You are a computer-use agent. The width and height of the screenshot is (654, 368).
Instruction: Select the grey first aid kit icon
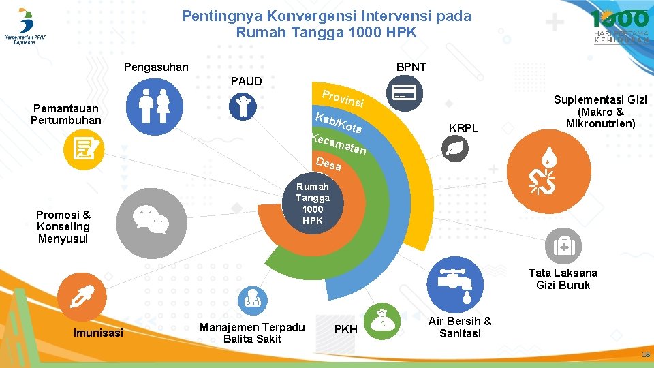[x=563, y=245]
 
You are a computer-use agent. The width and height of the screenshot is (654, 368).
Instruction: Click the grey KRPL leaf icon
[x=453, y=149]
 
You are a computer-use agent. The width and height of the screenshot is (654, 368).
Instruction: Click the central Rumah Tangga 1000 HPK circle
[x=313, y=204]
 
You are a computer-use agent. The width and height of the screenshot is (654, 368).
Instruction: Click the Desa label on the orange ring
[x=328, y=164]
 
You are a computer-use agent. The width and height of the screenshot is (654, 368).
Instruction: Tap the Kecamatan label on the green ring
[x=339, y=144]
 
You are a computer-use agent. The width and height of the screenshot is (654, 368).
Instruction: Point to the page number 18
[x=644, y=355]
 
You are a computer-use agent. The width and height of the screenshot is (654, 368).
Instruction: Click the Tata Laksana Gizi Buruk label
[x=563, y=279]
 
